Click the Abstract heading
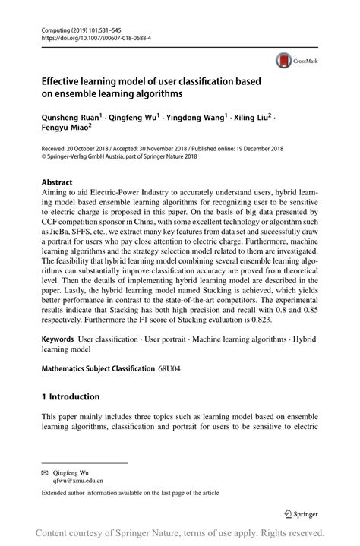tap(57, 183)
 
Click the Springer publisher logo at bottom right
tap(298, 512)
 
